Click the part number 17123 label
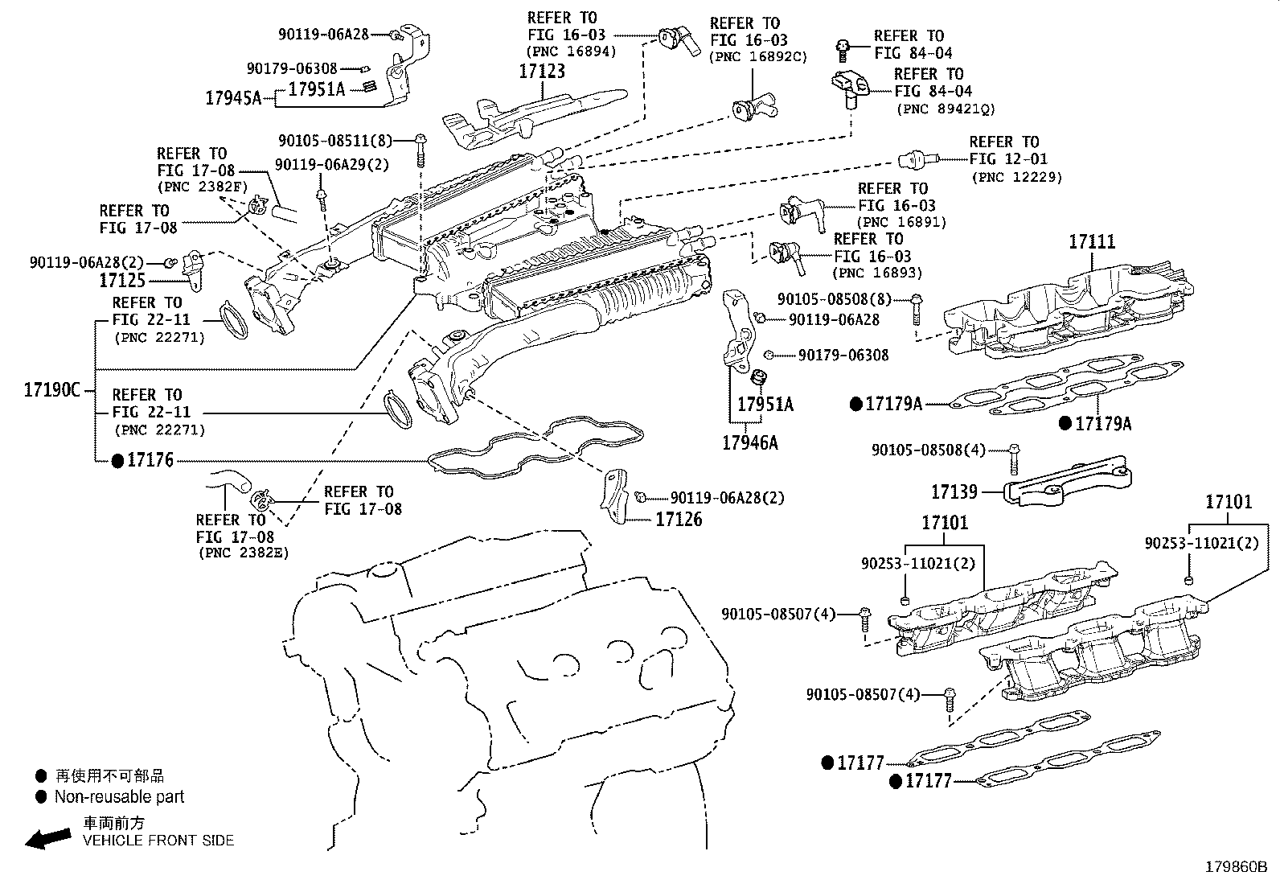542,72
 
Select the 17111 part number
1092,242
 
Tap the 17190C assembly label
52,390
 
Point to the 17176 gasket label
150,460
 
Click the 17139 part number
954,491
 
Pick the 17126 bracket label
679,519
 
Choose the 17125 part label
122,281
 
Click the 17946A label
750,442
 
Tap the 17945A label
233,98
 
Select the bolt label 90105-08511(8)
335,141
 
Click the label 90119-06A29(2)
332,165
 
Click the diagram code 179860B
1236,867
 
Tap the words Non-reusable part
120,796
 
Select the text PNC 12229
1017,177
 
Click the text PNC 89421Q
946,109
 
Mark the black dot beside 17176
117,461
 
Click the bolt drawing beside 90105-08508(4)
1014,459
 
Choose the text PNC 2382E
244,553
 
